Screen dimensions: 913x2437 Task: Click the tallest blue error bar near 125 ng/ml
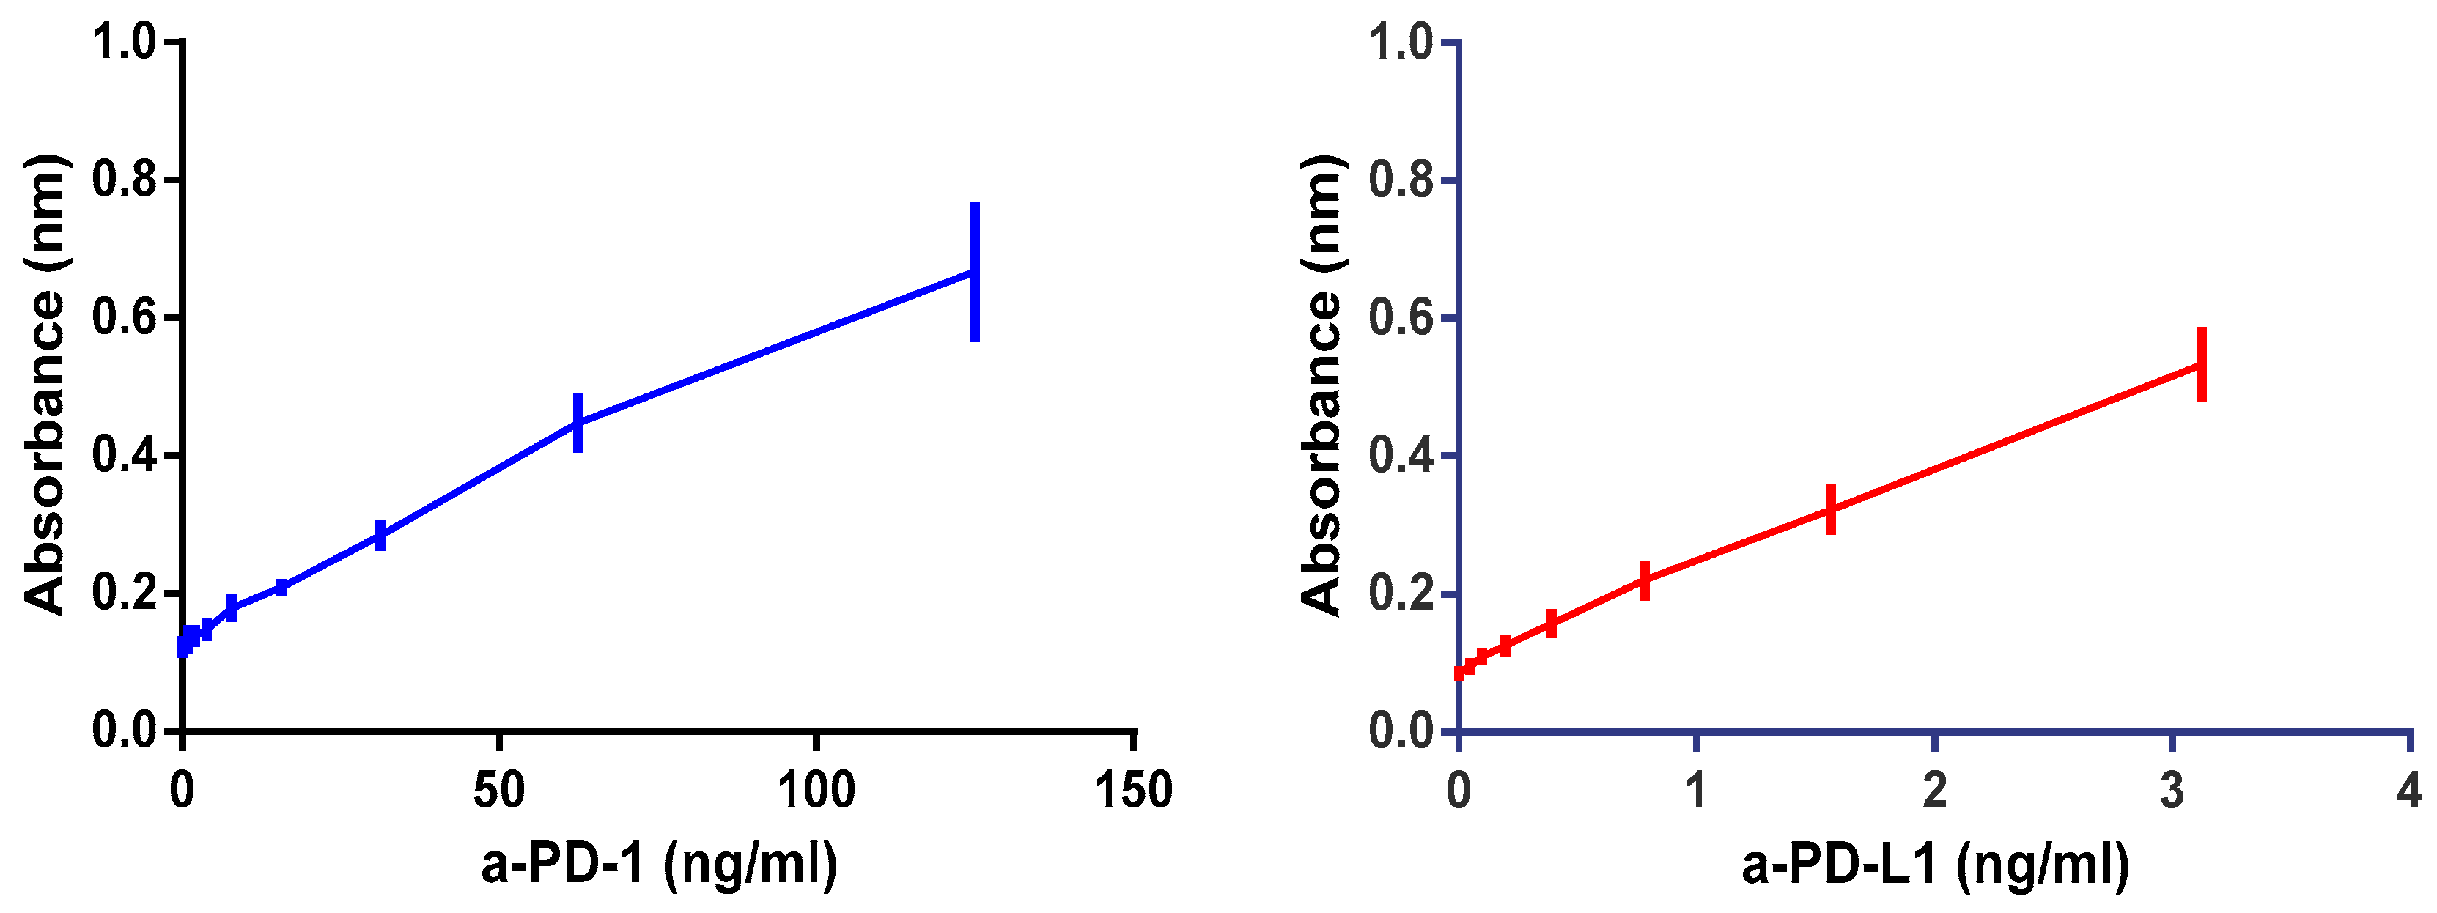(x=974, y=273)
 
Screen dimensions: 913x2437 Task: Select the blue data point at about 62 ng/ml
(x=578, y=423)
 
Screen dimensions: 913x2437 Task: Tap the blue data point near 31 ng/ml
(x=380, y=536)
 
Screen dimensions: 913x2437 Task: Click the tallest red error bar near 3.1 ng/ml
(x=2202, y=364)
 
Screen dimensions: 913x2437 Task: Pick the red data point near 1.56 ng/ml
(x=1831, y=509)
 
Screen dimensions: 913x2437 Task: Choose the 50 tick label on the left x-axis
(x=498, y=790)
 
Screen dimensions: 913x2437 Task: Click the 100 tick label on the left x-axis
(x=816, y=790)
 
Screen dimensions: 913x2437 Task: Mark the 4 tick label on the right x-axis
(x=2408, y=790)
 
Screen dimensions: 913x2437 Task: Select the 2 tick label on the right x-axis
(x=1935, y=790)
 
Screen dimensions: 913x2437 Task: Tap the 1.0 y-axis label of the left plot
(x=124, y=42)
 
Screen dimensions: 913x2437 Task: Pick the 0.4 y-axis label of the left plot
(x=124, y=456)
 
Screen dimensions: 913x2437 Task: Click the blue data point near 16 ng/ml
(x=281, y=588)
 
